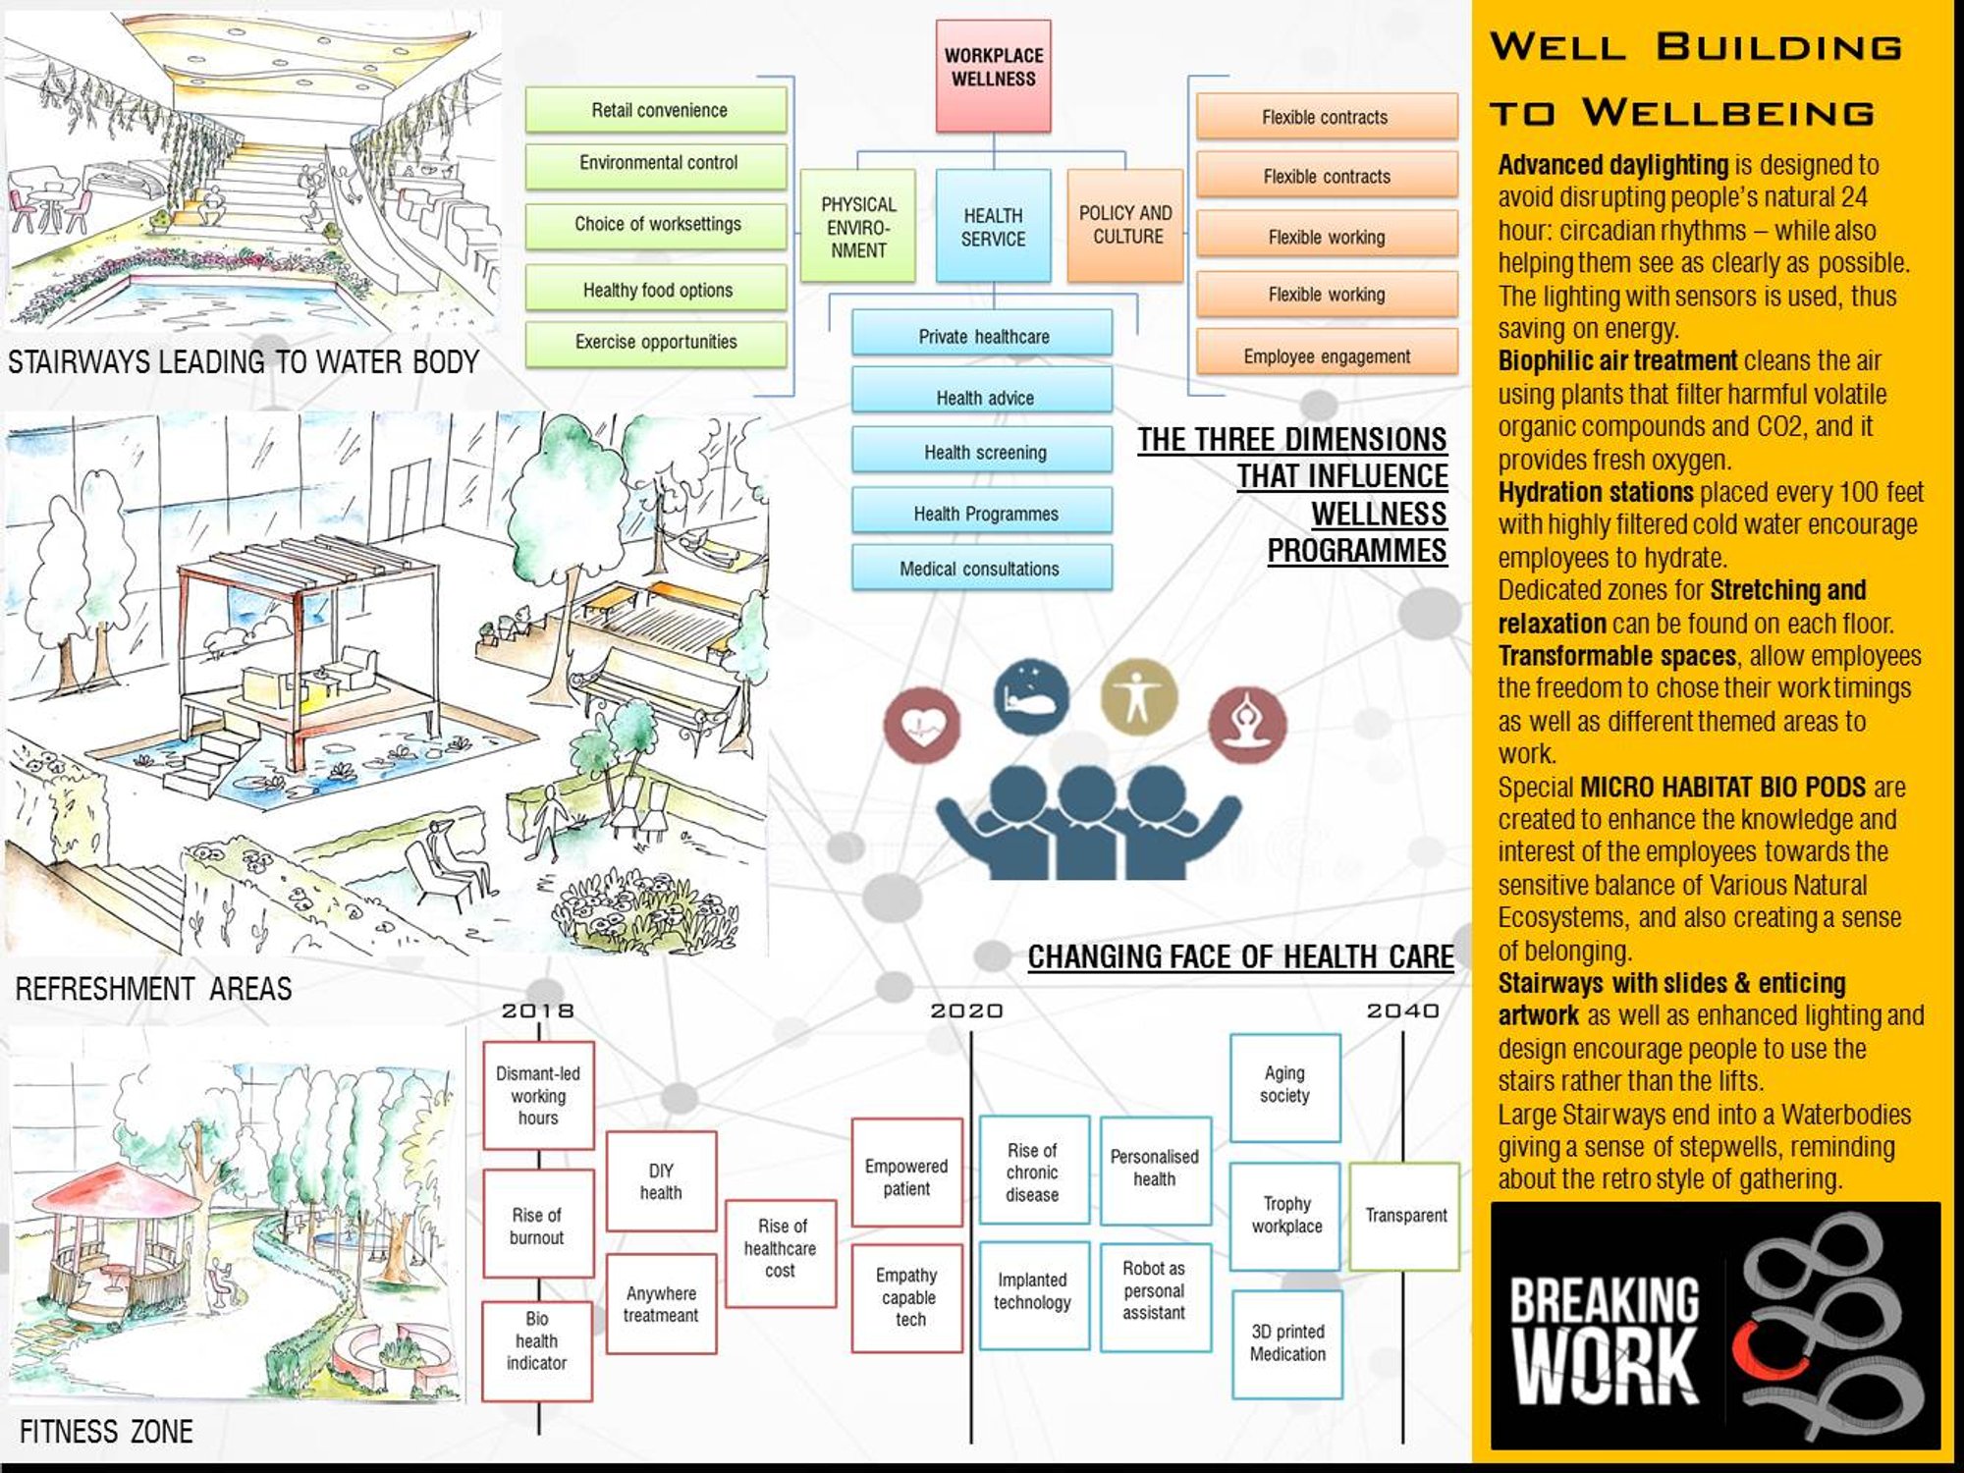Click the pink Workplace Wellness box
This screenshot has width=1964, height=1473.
[x=993, y=76]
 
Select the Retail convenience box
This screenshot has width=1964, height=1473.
[x=656, y=110]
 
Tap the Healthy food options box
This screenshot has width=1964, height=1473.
[x=656, y=289]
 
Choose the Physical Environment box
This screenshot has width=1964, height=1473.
[x=857, y=226]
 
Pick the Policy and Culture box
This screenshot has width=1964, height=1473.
[x=1125, y=225]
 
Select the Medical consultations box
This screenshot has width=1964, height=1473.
[x=982, y=567]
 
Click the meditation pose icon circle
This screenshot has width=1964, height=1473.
[x=1246, y=725]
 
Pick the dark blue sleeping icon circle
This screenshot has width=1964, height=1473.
[x=1031, y=696]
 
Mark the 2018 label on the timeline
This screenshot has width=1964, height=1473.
[x=537, y=1010]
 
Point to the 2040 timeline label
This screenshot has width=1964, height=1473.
[x=1402, y=1010]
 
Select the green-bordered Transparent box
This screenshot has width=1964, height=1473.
[x=1405, y=1216]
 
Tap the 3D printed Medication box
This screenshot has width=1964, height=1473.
[x=1286, y=1344]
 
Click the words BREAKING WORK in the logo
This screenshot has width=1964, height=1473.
[x=1606, y=1339]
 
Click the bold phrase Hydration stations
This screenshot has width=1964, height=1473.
[x=1596, y=492]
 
